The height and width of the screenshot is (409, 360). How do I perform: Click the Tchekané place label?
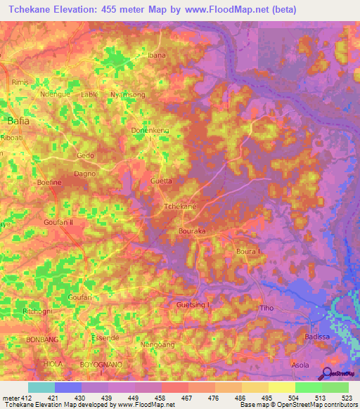coord(179,207)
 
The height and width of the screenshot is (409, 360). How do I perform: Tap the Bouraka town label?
coord(191,230)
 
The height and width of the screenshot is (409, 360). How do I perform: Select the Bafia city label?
coord(18,122)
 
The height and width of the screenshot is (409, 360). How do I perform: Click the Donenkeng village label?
coord(150,131)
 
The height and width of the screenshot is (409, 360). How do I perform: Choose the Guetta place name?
coord(161,181)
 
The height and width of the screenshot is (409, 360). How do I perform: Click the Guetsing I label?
coord(193,304)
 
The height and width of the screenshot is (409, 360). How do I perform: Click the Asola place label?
coord(300,365)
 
